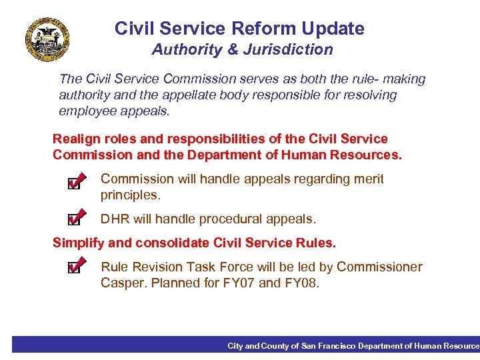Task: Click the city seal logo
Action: click(x=47, y=39)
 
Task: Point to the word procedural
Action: click(x=228, y=219)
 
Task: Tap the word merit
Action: click(x=368, y=179)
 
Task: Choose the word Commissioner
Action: click(x=379, y=267)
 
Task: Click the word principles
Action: click(x=131, y=195)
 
